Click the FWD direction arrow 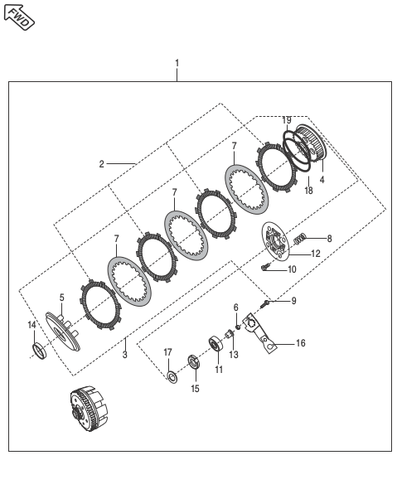point(19,17)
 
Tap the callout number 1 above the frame point(177,63)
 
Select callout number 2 point(101,164)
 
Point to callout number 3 point(125,355)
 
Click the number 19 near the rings point(287,120)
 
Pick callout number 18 point(309,191)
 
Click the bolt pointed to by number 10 point(265,267)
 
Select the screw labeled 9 point(264,303)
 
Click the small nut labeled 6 point(238,327)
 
